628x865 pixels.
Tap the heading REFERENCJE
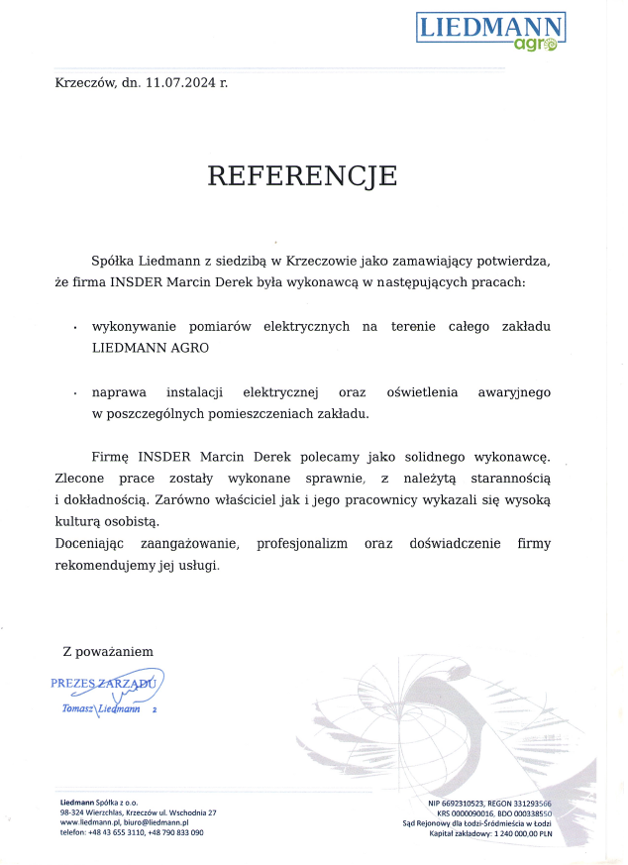coord(302,175)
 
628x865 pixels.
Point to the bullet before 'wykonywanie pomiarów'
coord(76,327)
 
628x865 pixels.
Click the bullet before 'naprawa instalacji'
coord(76,394)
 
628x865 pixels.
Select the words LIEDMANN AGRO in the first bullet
coord(151,348)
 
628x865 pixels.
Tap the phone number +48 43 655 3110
coord(116,832)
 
